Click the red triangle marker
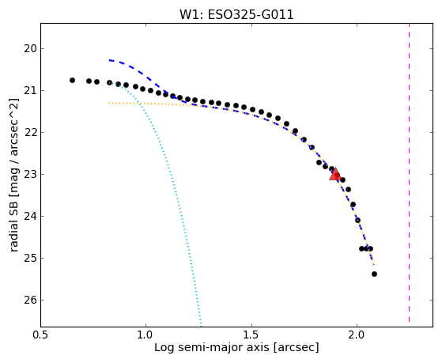point(335,174)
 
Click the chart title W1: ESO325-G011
point(236,15)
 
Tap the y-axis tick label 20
point(31,49)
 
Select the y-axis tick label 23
point(31,174)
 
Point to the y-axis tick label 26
point(31,300)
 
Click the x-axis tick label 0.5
point(41,335)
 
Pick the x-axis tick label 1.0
point(145,335)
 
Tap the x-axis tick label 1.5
point(251,335)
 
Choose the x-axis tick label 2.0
point(357,335)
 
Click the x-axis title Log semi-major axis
point(212,348)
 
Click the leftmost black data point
point(72,81)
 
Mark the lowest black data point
point(374,274)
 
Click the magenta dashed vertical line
point(409,172)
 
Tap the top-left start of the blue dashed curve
point(109,60)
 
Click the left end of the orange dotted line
point(109,104)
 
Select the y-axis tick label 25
point(31,258)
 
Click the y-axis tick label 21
point(31,90)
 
